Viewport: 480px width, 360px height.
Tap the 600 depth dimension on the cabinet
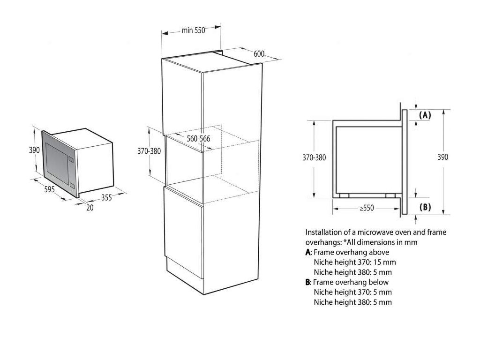click(259, 53)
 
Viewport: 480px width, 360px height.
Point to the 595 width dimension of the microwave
click(50, 189)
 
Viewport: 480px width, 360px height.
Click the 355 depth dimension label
click(106, 198)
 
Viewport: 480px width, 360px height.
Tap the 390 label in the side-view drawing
click(442, 157)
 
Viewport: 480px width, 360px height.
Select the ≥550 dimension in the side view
click(367, 208)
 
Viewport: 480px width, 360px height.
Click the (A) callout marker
click(424, 115)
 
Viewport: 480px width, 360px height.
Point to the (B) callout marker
click(424, 207)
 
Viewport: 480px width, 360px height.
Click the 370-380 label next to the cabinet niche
click(149, 151)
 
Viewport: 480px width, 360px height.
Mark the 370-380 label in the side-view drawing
click(314, 157)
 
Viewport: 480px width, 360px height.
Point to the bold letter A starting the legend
click(307, 252)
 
